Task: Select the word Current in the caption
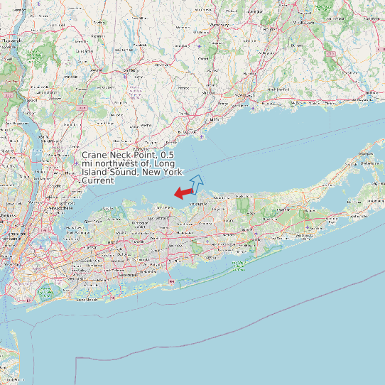tap(98, 180)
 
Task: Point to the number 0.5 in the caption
tap(167, 155)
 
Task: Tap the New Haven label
tap(244, 95)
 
